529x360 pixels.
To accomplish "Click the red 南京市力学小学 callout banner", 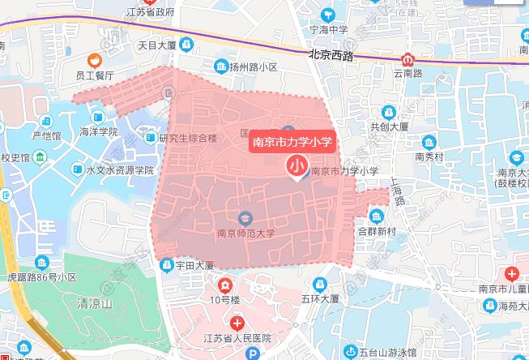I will pos(291,139).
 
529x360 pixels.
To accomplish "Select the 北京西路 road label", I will pos(331,55).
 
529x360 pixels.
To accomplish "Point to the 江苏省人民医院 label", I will pos(237,338).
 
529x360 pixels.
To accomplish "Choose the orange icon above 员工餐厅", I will pos(95,59).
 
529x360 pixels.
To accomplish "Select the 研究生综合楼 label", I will pos(189,138).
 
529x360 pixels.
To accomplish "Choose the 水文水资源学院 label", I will pos(119,170).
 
